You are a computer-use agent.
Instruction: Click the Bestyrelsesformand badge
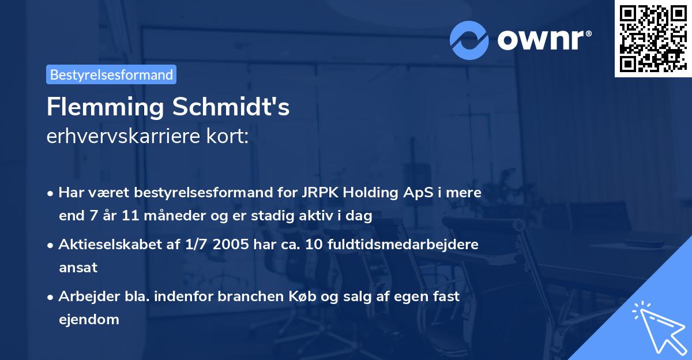(x=111, y=74)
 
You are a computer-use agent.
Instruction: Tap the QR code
(x=653, y=38)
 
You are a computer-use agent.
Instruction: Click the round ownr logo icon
(x=469, y=39)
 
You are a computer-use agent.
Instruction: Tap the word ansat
(x=78, y=268)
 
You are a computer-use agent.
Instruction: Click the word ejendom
(x=89, y=319)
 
